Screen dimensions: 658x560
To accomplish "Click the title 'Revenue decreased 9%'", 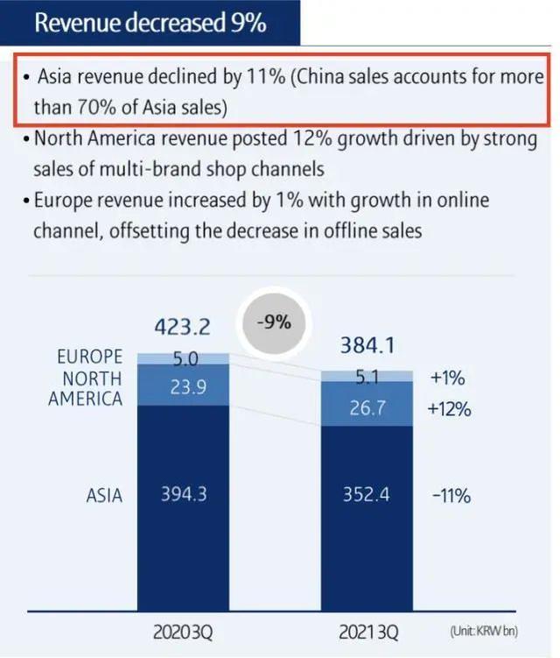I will coord(150,22).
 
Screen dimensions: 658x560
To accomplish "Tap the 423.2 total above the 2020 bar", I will coord(183,327).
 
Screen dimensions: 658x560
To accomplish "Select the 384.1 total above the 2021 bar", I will coord(367,346).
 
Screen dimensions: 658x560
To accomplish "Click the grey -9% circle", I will coord(274,322).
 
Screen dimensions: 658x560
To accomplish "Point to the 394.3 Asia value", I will coord(184,494).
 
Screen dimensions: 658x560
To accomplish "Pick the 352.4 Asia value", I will coord(367,495).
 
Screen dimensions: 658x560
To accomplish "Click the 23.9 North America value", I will coord(184,386).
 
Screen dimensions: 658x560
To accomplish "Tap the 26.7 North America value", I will coord(367,408).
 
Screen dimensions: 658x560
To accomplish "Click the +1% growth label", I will coord(447,379).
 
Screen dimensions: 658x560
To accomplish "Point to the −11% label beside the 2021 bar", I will coord(451,495).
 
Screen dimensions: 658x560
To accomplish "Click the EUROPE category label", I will coord(90,357).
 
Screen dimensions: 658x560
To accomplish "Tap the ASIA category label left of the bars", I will coord(104,495).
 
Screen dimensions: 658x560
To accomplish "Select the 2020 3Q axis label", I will coord(183,631).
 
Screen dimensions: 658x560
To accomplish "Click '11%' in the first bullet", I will coord(265,77).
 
